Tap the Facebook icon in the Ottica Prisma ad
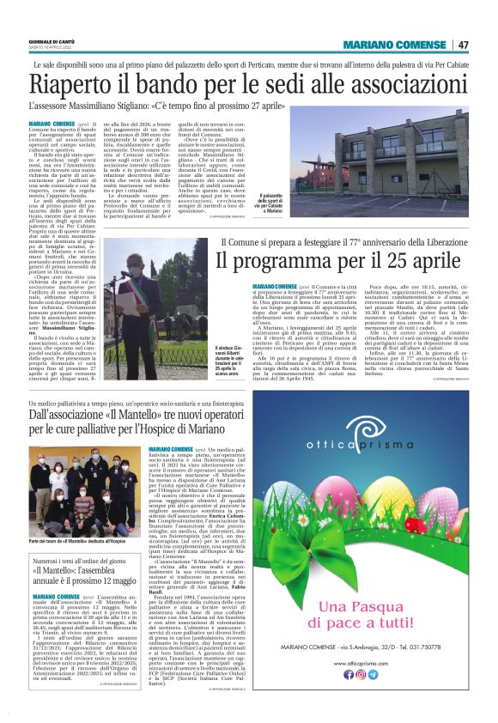(x=349, y=674)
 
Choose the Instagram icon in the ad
(x=361, y=674)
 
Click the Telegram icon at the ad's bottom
(x=373, y=674)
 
